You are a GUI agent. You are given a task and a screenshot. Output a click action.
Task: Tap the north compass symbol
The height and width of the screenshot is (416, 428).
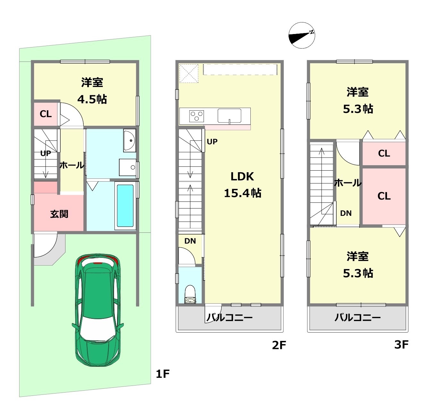(x=302, y=35)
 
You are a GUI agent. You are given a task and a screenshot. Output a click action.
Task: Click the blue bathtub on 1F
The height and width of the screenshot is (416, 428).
(x=125, y=206)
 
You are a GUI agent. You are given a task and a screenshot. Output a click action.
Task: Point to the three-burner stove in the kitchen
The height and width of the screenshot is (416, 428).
(x=197, y=116)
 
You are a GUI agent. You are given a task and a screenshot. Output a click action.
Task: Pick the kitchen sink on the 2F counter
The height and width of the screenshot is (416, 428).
(x=230, y=116)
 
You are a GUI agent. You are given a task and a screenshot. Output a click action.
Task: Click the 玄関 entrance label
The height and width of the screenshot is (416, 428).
(x=59, y=214)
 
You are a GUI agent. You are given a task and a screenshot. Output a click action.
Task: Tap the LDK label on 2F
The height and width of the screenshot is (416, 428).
(x=242, y=176)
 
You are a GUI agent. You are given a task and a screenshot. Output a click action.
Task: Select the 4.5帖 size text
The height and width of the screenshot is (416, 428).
(x=92, y=99)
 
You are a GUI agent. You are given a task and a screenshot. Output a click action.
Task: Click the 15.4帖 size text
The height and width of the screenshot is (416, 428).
(x=243, y=193)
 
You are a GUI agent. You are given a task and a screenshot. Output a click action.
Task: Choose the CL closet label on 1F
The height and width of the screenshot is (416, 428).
(x=46, y=114)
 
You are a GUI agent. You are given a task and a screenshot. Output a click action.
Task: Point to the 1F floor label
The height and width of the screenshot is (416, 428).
(x=163, y=374)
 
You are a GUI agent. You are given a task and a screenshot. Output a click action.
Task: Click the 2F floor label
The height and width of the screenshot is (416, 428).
(x=279, y=345)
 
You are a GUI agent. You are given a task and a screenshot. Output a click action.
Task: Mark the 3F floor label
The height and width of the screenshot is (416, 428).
(x=401, y=344)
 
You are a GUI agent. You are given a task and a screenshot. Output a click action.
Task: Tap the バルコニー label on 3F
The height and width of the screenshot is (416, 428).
(x=357, y=318)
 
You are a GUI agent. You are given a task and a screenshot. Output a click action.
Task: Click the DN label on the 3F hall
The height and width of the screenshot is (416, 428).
(x=346, y=213)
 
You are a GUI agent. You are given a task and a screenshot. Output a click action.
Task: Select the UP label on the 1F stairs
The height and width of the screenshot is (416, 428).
(x=46, y=153)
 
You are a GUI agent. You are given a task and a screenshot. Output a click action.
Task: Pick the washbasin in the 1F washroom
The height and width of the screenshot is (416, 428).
(x=130, y=140)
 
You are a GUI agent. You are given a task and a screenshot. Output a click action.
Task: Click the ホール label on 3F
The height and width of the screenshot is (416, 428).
(x=348, y=183)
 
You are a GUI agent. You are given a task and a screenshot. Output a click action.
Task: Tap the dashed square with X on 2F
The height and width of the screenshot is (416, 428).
(x=189, y=73)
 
